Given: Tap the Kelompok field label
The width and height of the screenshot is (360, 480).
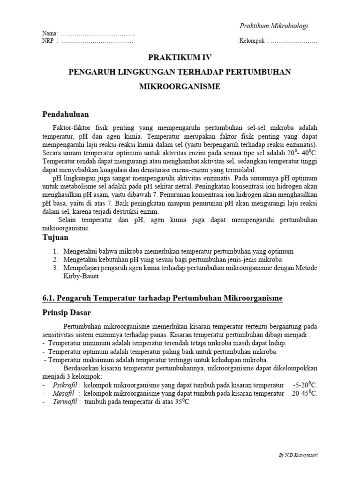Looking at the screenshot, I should (252, 41).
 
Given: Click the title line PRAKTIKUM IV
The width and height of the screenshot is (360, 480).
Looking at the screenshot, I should (180, 58).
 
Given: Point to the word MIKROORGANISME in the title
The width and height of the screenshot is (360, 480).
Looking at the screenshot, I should (180, 87).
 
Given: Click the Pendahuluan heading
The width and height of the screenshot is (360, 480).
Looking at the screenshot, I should (66, 114).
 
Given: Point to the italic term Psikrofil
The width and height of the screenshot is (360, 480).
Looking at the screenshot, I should (64, 385).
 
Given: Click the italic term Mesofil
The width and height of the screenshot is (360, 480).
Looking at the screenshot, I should (63, 394).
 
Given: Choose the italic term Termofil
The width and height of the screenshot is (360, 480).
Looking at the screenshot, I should (64, 402).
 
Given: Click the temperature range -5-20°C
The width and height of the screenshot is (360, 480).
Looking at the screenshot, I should (305, 385).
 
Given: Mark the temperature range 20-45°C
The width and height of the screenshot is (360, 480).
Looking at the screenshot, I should (304, 394).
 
